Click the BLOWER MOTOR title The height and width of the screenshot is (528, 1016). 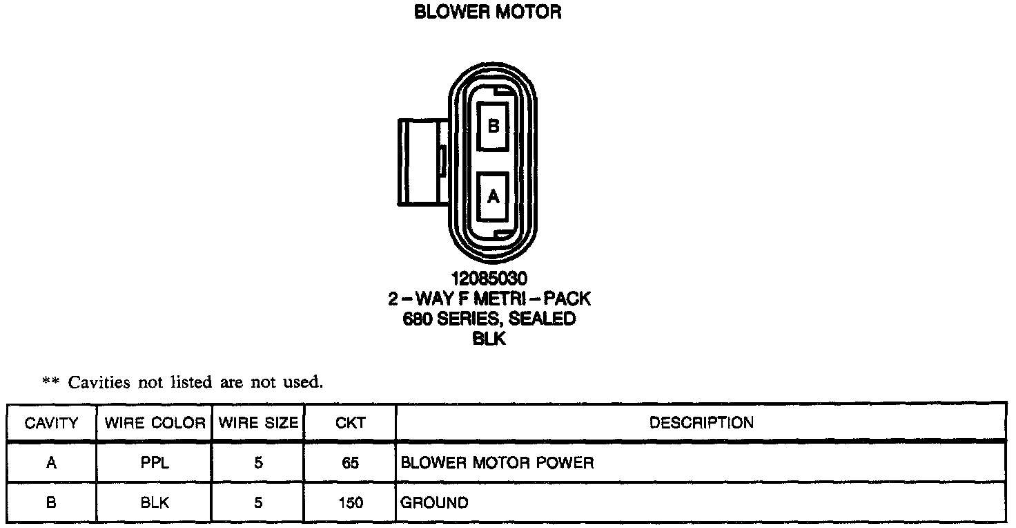[487, 12]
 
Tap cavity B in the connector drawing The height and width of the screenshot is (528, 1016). [493, 126]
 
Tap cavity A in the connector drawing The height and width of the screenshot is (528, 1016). [493, 197]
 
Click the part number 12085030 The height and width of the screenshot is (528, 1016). [489, 279]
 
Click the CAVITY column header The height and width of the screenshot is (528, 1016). [51, 423]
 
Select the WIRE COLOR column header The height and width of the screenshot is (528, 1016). [155, 423]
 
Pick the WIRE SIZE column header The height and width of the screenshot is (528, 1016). [258, 423]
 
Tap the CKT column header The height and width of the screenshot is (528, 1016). [350, 423]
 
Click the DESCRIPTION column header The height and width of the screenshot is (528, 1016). [701, 423]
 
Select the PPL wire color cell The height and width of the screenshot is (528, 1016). [155, 463]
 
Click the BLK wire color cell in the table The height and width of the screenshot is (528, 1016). [155, 503]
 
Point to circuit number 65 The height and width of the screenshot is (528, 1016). [350, 463]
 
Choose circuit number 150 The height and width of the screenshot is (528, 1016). [350, 503]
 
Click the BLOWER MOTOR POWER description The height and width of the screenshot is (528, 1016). [497, 463]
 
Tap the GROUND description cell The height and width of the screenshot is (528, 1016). [434, 503]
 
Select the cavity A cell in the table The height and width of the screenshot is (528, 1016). [51, 463]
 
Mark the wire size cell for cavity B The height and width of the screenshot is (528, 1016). [258, 503]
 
